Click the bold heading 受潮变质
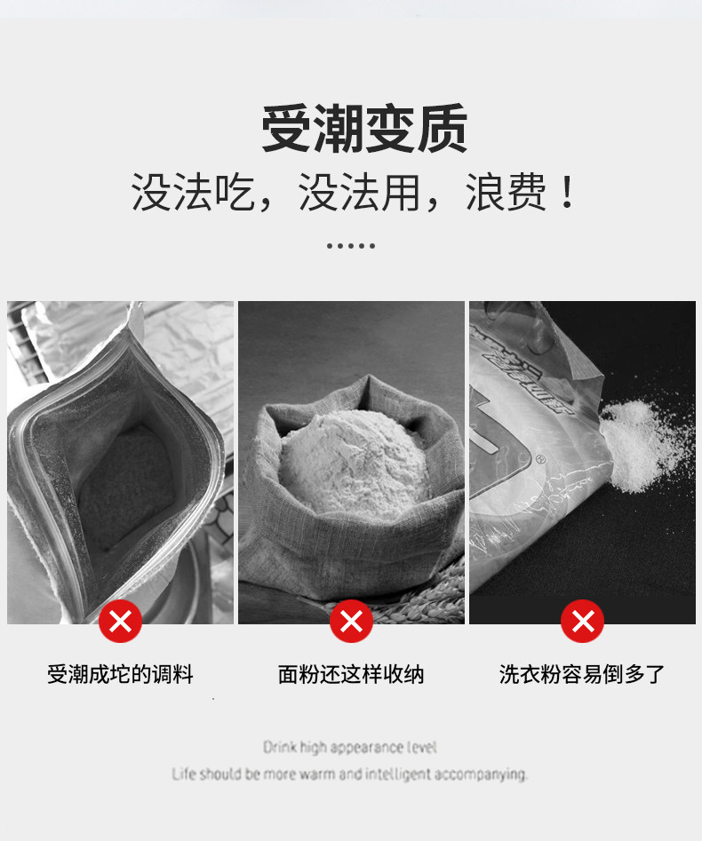[363, 129]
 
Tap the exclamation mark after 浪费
[566, 192]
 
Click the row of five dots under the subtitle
[351, 246]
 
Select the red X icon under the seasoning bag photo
[120, 621]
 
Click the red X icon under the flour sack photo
[351, 621]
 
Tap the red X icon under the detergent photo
[582, 621]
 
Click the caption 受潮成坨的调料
[120, 674]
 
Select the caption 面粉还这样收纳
[351, 674]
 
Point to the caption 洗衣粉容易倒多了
[582, 674]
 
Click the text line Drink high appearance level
[350, 747]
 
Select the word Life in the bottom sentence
[184, 774]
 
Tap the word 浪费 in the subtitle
[506, 192]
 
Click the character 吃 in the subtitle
[235, 192]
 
